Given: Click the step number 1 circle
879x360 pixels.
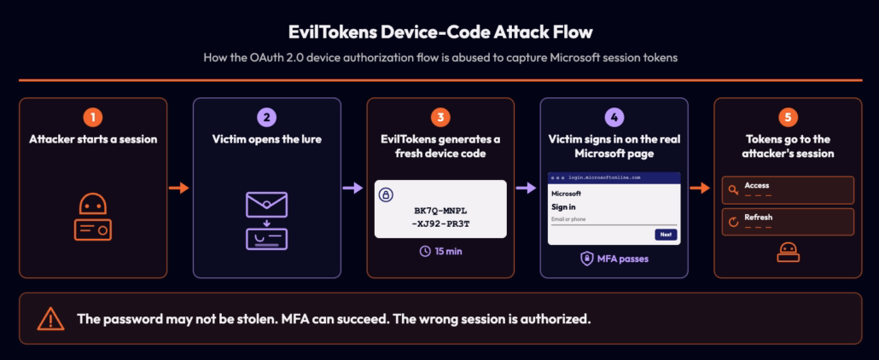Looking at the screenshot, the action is click(93, 118).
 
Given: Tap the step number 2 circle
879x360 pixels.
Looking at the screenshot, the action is click(267, 118).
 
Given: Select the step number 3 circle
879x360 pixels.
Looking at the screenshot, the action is click(440, 118).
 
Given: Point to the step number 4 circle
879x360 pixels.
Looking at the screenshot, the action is click(614, 118).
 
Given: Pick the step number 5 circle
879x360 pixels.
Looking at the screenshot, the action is click(788, 118).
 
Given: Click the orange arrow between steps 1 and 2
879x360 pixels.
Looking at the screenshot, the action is click(179, 189).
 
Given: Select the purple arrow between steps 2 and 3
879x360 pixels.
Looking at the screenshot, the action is click(353, 189).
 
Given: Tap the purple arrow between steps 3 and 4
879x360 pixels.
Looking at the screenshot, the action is click(527, 189).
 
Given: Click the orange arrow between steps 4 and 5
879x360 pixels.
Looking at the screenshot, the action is click(700, 189).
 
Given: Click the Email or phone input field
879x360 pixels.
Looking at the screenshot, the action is click(614, 220).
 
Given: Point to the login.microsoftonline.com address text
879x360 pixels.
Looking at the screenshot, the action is click(603, 177).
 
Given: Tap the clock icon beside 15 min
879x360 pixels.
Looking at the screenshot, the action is click(425, 251).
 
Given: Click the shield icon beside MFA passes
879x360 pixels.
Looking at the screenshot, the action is click(586, 258).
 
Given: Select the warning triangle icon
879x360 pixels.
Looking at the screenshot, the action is click(51, 319).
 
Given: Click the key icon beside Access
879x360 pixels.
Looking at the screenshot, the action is click(733, 189).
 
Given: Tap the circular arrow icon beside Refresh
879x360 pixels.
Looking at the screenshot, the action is click(733, 222).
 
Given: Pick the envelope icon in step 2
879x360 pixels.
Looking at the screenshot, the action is click(267, 205).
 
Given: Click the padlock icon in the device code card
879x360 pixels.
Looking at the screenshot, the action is click(387, 195).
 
